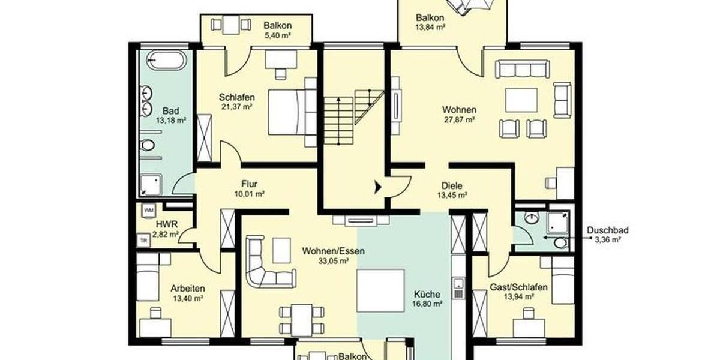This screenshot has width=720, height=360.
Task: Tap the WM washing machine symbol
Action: [x=148, y=210]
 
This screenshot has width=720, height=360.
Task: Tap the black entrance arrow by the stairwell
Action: [x=377, y=187]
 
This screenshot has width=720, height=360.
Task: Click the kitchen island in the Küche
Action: [x=380, y=290]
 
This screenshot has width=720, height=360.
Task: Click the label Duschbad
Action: [x=607, y=230]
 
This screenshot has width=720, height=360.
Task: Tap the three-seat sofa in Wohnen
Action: [x=522, y=69]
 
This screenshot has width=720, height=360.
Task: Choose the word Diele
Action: [x=452, y=185]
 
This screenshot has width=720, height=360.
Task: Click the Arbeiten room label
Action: [x=186, y=287]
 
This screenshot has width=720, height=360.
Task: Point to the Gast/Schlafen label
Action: [x=518, y=287]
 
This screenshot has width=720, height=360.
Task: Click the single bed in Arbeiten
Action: [x=147, y=278]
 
